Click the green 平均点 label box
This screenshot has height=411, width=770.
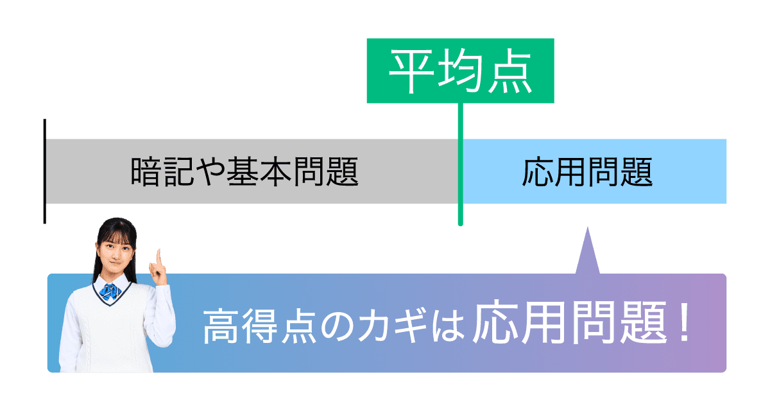[x=459, y=70]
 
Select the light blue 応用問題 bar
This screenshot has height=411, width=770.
[x=594, y=171]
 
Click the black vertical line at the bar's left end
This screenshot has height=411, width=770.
[x=44, y=171]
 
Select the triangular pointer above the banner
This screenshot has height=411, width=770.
[x=586, y=254]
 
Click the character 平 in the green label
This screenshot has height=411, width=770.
[x=411, y=71]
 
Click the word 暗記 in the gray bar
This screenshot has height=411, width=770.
[x=154, y=172]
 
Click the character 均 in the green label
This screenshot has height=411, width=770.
[x=460, y=71]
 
